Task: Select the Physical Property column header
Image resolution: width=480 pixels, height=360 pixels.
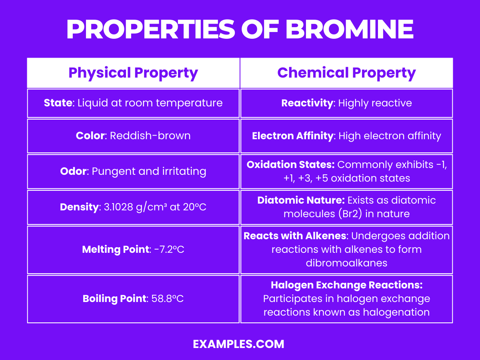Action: click(x=133, y=73)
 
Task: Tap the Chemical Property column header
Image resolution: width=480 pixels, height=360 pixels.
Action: click(x=346, y=73)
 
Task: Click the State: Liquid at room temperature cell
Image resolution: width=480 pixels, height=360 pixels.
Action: click(x=133, y=103)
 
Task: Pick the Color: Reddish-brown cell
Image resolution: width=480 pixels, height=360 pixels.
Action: click(x=133, y=136)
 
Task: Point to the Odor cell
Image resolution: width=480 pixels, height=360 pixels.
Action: click(x=133, y=171)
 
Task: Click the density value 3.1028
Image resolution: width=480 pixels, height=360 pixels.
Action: click(x=118, y=207)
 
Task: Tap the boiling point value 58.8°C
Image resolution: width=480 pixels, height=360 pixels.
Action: click(x=167, y=299)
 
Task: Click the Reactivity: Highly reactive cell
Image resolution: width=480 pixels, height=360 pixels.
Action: click(x=346, y=103)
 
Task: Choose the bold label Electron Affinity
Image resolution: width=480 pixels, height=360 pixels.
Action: click(x=292, y=136)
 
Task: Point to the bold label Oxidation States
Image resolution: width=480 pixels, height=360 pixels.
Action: click(x=290, y=165)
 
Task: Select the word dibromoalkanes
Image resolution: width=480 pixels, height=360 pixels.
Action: click(x=346, y=263)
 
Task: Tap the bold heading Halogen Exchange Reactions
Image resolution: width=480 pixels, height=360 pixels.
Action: click(x=346, y=285)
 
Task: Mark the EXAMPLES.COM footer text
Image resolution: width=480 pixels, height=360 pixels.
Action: click(x=238, y=344)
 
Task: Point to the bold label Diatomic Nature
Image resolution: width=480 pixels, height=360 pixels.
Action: click(x=301, y=200)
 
